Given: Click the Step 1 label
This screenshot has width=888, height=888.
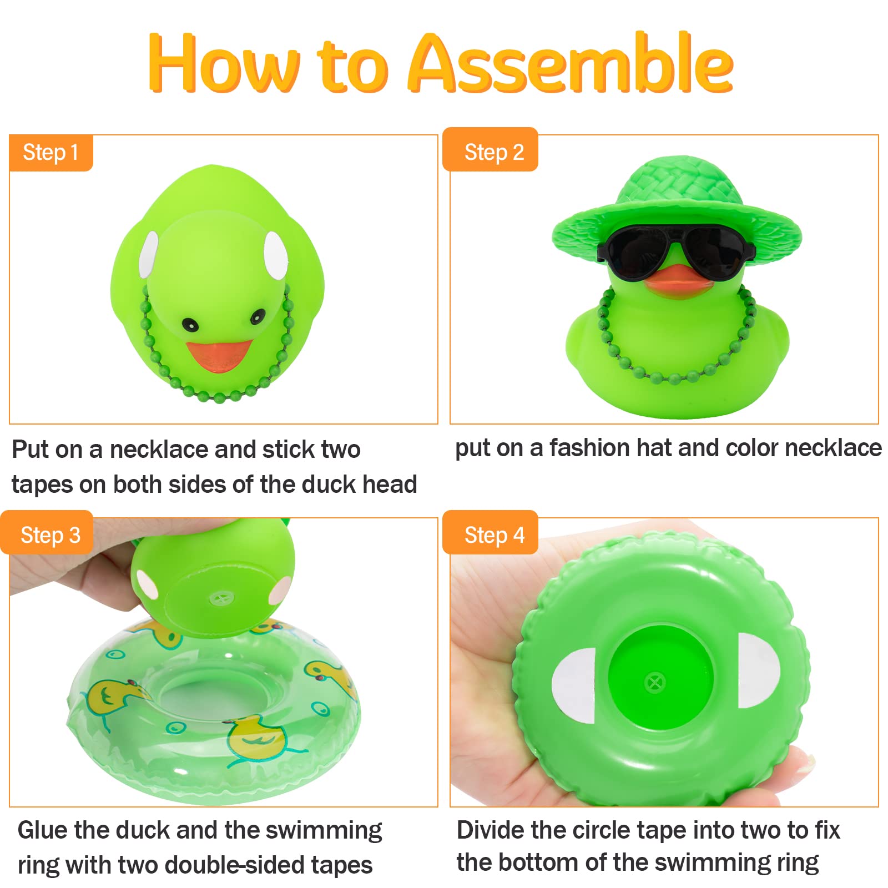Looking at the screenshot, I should pyautogui.click(x=51, y=153).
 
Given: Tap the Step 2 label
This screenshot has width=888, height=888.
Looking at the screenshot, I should pyautogui.click(x=493, y=152).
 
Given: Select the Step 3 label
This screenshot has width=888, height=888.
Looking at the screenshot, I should pyautogui.click(x=50, y=535).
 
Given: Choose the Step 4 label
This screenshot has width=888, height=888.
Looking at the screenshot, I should pyautogui.click(x=493, y=535).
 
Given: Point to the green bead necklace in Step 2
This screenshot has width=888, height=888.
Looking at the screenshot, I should pyautogui.click(x=673, y=377).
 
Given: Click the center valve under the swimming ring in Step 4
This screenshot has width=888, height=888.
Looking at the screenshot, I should pyautogui.click(x=655, y=682).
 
